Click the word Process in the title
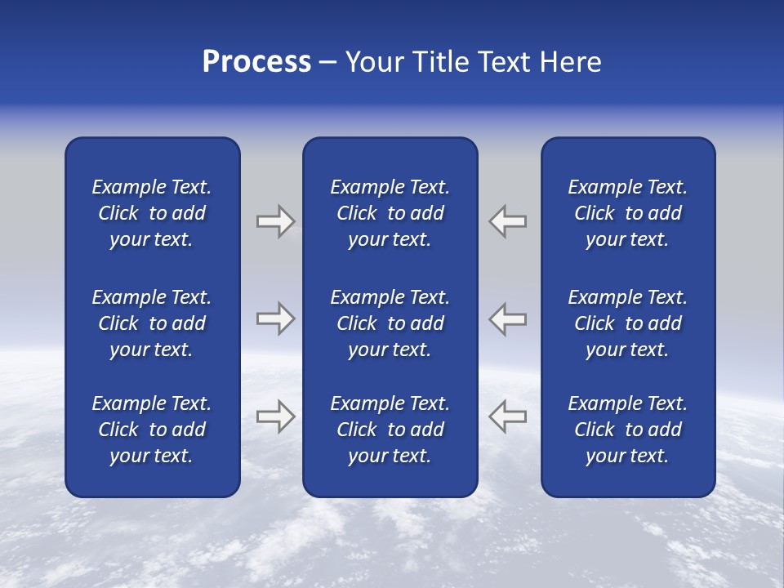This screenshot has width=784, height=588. (256, 62)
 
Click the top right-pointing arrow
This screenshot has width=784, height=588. (275, 221)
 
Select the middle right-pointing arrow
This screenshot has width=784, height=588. (275, 318)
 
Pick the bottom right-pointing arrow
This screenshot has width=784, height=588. (275, 416)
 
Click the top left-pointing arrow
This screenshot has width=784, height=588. (508, 221)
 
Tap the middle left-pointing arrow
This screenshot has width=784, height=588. (508, 318)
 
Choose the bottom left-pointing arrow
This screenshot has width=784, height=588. (508, 416)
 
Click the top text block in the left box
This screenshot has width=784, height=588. (152, 213)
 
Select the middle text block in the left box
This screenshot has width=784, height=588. (152, 323)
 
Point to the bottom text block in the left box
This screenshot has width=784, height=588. (152, 430)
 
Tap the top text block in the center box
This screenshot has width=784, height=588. (390, 213)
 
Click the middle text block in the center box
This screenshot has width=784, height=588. (390, 323)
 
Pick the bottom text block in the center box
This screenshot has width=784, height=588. (390, 430)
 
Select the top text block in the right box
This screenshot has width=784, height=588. (627, 213)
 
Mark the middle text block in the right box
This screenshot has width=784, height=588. (627, 323)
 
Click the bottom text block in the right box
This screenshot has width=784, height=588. (627, 430)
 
